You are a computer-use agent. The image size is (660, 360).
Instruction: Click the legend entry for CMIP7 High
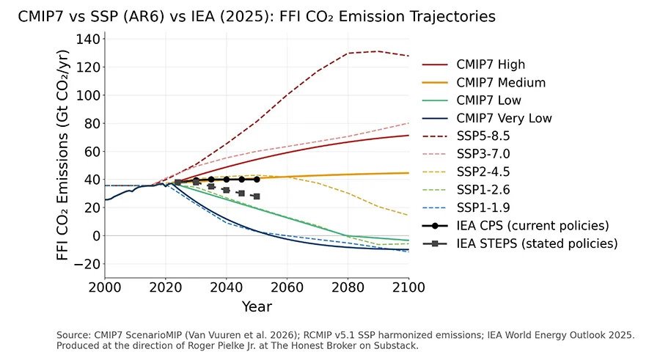click(x=474, y=65)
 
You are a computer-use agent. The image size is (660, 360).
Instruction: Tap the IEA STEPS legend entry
click(x=520, y=243)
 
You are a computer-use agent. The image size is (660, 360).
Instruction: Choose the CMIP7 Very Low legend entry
click(x=487, y=118)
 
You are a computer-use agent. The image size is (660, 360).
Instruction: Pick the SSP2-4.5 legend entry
click(x=466, y=172)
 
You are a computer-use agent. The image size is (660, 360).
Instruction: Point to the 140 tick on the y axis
click(x=88, y=40)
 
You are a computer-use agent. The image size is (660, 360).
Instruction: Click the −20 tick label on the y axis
click(x=87, y=264)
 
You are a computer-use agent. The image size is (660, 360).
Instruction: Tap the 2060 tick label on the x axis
click(x=287, y=287)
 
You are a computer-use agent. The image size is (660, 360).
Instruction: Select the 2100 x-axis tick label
click(x=408, y=287)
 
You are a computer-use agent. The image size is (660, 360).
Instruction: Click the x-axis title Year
click(x=257, y=306)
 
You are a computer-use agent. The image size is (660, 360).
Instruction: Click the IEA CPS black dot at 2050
click(x=257, y=180)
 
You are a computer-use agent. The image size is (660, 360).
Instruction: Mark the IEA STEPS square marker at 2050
click(x=257, y=196)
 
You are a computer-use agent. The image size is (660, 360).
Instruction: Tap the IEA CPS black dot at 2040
click(x=227, y=180)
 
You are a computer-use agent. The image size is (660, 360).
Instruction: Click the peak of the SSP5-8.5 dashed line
click(x=376, y=51)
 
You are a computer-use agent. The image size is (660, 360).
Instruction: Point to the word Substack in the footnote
click(x=400, y=346)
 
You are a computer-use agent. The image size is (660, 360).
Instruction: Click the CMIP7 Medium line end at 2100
click(x=408, y=173)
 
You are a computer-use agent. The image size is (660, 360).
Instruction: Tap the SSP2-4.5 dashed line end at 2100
click(x=408, y=216)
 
